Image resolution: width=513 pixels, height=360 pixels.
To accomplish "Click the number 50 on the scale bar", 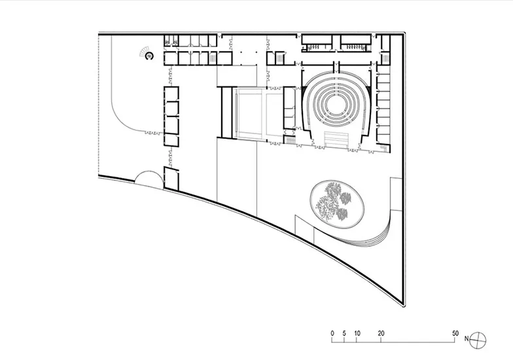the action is pyautogui.click(x=455, y=334).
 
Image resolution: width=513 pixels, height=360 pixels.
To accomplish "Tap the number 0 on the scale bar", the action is pyautogui.click(x=332, y=334).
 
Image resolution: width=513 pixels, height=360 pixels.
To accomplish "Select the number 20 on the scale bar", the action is pyautogui.click(x=381, y=334).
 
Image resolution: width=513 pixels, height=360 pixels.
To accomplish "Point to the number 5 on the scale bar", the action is pyautogui.click(x=344, y=334).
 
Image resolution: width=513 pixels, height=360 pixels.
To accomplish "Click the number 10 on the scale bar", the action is pyautogui.click(x=357, y=334).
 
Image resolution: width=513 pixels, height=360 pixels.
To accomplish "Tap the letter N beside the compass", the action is pyautogui.click(x=466, y=339).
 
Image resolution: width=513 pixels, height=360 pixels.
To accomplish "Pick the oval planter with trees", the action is pyautogui.click(x=338, y=204).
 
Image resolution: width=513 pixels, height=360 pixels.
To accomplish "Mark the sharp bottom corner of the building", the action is pyautogui.click(x=404, y=306).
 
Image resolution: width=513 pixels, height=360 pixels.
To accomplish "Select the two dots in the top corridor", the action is pyautogui.click(x=247, y=52).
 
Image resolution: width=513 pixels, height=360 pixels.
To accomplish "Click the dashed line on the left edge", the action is pyautogui.click(x=98, y=105).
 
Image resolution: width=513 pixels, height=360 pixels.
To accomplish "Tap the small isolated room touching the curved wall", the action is pyautogui.click(x=171, y=179).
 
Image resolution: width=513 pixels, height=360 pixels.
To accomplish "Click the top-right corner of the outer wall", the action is pyautogui.click(x=405, y=33).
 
